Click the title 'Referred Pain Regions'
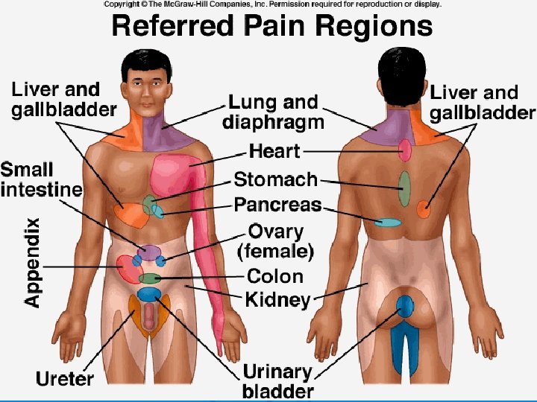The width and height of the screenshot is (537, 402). point(271,27)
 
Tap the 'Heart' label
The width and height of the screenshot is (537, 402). point(274,152)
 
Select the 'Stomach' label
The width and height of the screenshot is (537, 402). point(275,179)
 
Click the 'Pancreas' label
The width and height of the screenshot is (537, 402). point(277,204)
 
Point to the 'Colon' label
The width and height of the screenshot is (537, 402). point(274,276)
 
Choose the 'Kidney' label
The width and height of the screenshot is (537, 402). point(277,300)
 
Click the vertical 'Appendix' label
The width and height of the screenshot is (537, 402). point(31,262)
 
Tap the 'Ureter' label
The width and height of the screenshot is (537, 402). point(65,378)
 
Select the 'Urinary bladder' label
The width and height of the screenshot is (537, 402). point(277,380)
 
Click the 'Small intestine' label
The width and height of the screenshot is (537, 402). point(40,179)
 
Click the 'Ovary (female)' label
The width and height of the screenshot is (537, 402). point(275,240)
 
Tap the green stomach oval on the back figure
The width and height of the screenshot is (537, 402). point(403,188)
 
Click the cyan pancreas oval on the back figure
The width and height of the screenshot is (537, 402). point(388,222)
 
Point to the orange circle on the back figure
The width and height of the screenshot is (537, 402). point(424,209)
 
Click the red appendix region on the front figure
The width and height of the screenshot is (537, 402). point(128,270)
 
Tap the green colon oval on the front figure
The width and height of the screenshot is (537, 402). point(150,278)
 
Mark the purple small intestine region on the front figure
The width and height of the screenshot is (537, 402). point(148,253)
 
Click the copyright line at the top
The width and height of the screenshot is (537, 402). point(271,4)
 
